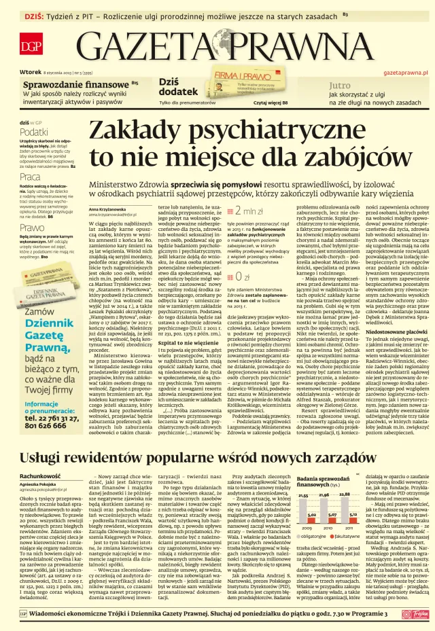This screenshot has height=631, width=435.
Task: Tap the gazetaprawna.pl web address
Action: point(406,71)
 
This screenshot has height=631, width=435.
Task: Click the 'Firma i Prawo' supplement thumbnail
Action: point(231,86)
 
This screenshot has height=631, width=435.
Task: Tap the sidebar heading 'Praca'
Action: point(31,177)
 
